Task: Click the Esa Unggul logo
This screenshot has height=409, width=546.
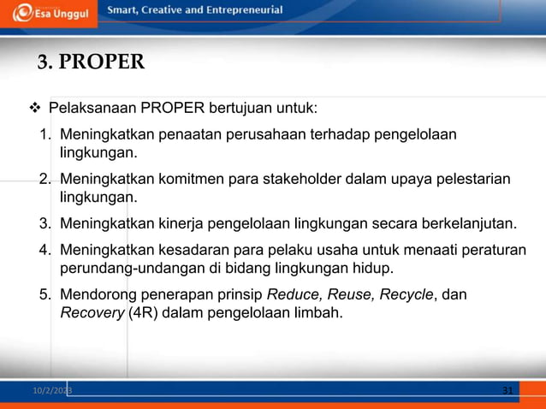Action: [49, 13]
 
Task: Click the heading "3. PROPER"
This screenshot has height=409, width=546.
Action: [91, 62]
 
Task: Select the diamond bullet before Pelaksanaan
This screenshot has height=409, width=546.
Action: [35, 109]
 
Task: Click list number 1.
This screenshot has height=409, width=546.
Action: [45, 135]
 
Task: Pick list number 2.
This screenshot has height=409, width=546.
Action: [45, 180]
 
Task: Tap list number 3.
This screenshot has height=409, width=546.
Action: [45, 224]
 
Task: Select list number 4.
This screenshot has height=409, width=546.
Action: [45, 250]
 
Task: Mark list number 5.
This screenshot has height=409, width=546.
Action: [45, 295]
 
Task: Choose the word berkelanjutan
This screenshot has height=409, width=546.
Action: [468, 224]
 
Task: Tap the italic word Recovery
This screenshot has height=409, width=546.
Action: [92, 313]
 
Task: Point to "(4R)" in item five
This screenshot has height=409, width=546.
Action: [143, 313]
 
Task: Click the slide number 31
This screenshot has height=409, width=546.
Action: [507, 391]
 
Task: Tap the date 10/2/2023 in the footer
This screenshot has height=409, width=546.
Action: [52, 391]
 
